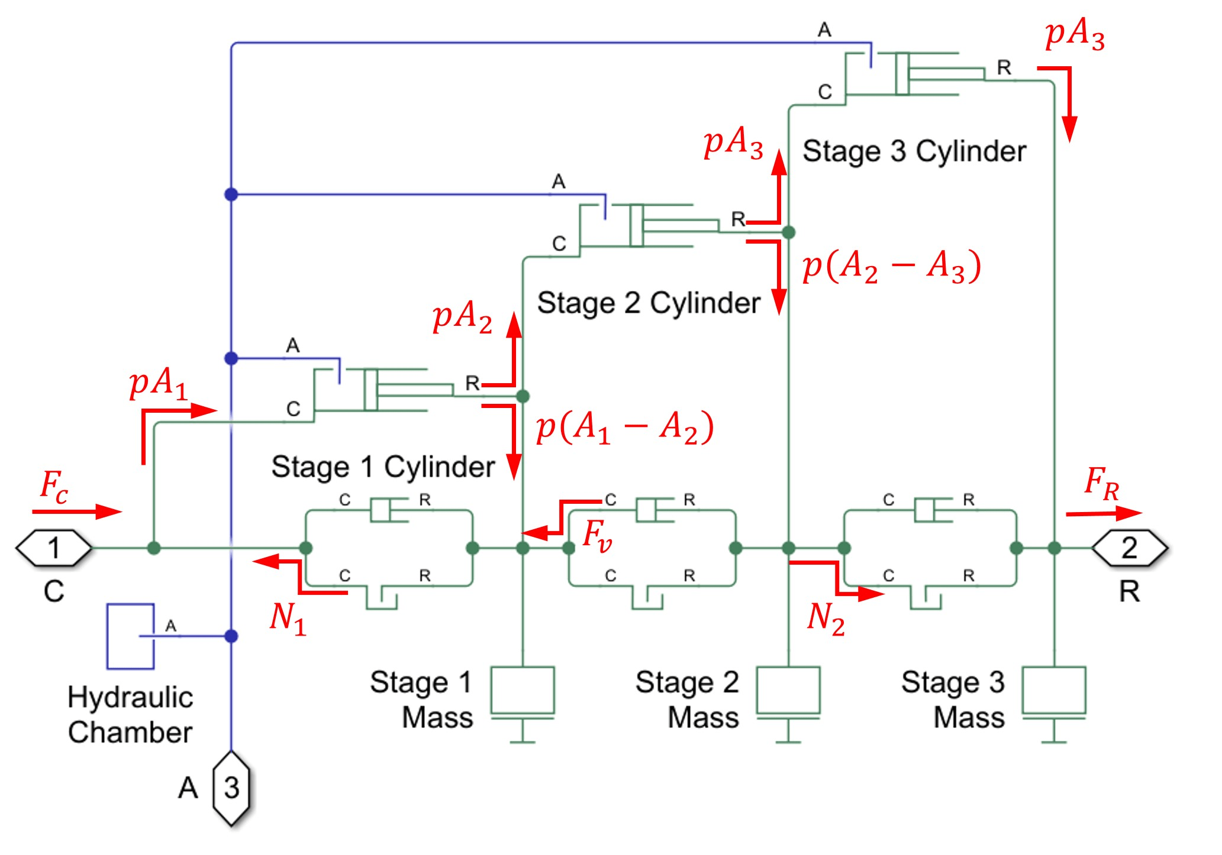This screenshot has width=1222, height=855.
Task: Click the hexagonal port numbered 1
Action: [x=54, y=548]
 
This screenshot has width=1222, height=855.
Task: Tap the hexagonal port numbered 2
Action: [x=1129, y=548]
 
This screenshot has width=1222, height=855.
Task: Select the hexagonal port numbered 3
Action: [x=231, y=788]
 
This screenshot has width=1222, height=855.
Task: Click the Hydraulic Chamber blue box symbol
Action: [x=131, y=636]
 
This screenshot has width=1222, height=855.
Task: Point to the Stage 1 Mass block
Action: [x=523, y=691]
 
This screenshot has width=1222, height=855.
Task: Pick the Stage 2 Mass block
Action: [x=788, y=691]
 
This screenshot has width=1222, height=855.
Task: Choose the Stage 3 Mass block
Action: [x=1054, y=691]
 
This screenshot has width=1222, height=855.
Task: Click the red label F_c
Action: [x=54, y=486]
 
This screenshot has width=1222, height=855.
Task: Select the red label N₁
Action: [x=288, y=618]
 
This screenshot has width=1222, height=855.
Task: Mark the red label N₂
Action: [x=826, y=618]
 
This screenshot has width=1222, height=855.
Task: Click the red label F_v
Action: [x=597, y=535]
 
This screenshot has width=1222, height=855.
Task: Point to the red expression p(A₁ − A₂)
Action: [x=625, y=427]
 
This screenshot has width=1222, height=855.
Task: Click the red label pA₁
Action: [x=158, y=383]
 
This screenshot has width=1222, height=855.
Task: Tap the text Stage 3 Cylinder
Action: [x=914, y=151]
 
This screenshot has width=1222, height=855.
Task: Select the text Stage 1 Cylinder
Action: [x=383, y=467]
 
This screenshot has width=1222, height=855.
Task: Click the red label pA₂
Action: [x=462, y=316]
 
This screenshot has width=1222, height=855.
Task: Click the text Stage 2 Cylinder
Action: [x=649, y=303]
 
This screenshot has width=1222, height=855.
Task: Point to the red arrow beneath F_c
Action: [x=77, y=511]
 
